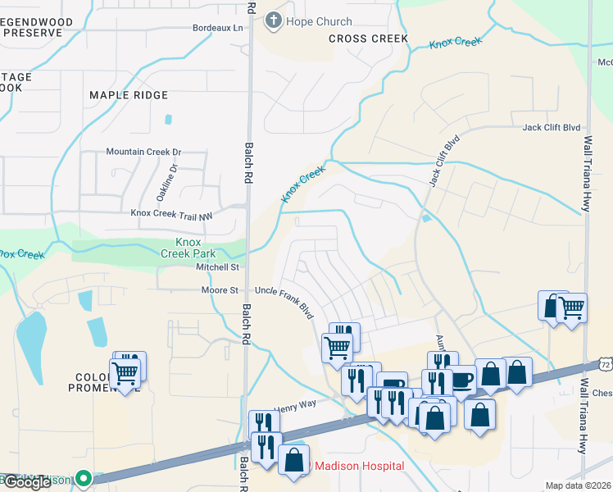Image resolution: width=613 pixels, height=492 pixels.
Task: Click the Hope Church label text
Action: pyautogui.click(x=319, y=22)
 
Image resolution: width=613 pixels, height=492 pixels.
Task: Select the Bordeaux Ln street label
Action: pyautogui.click(x=218, y=28)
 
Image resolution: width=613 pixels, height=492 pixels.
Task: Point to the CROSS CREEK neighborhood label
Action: pyautogui.click(x=356, y=39)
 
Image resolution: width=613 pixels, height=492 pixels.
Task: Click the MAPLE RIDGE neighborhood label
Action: pyautogui.click(x=128, y=96)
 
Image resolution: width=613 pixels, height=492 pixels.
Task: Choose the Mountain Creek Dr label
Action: pyautogui.click(x=143, y=153)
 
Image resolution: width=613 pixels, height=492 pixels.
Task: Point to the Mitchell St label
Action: pyautogui.click(x=216, y=267)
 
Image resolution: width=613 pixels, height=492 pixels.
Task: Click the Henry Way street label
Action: pyautogui.click(x=294, y=404)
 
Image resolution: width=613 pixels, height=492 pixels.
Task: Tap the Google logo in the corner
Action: pyautogui.click(x=27, y=482)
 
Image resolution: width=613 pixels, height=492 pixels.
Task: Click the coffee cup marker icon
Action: pyautogui.click(x=461, y=380)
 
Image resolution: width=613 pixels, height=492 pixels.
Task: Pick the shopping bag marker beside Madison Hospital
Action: pyautogui.click(x=293, y=461)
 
